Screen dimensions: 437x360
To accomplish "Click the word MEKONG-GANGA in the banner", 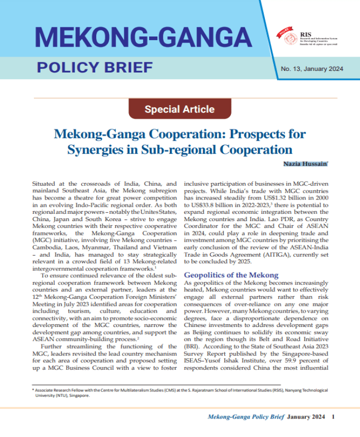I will click(140, 37).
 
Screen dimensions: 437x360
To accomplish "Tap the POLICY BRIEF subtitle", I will click(95, 67).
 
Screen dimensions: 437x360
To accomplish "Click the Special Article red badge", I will click(179, 109).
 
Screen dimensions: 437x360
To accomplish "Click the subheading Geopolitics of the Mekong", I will click(231, 275).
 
